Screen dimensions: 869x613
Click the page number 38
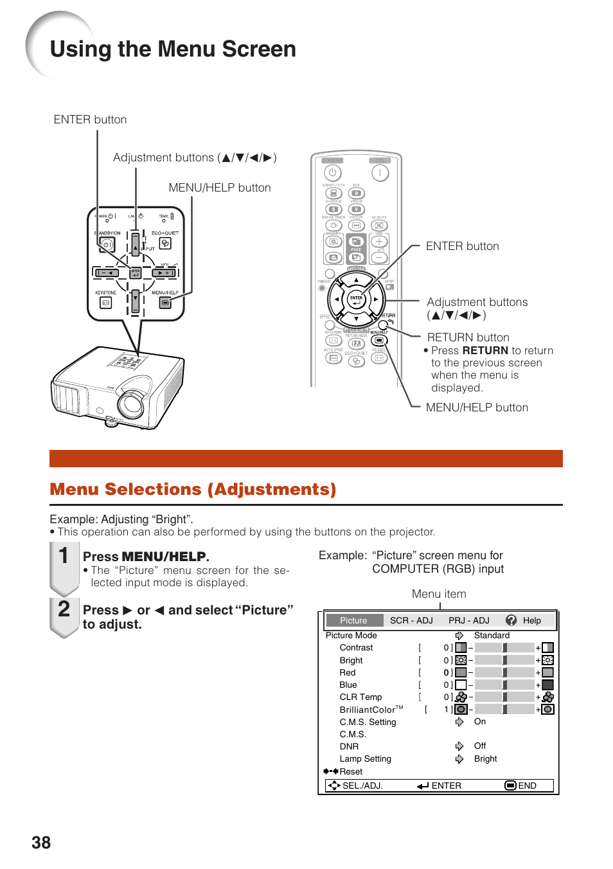pyautogui.click(x=41, y=843)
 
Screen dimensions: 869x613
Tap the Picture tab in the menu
pyautogui.click(x=353, y=620)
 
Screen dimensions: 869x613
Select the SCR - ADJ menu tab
pyautogui.click(x=411, y=620)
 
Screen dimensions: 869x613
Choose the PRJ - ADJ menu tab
pyautogui.click(x=469, y=620)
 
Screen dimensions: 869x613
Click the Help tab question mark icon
pyautogui.click(x=511, y=620)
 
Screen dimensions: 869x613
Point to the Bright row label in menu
pyautogui.click(x=351, y=660)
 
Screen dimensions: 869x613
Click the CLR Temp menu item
pyautogui.click(x=360, y=697)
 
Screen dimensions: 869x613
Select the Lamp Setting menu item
pyautogui.click(x=365, y=758)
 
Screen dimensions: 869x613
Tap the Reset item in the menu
pyautogui.click(x=351, y=771)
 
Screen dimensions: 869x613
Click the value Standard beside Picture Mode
pyautogui.click(x=492, y=635)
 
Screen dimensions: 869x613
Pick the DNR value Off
pyautogui.click(x=480, y=746)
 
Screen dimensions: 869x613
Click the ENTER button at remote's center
pyautogui.click(x=356, y=299)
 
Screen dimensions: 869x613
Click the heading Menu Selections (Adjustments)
pyautogui.click(x=193, y=489)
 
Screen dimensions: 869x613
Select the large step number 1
pyautogui.click(x=64, y=555)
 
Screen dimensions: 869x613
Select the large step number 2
pyautogui.click(x=64, y=609)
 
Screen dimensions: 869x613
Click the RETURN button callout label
pyautogui.click(x=468, y=337)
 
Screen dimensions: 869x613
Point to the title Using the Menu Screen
pyautogui.click(x=173, y=49)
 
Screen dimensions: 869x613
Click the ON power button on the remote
pyautogui.click(x=380, y=172)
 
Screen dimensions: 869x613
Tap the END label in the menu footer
pyautogui.click(x=527, y=785)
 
